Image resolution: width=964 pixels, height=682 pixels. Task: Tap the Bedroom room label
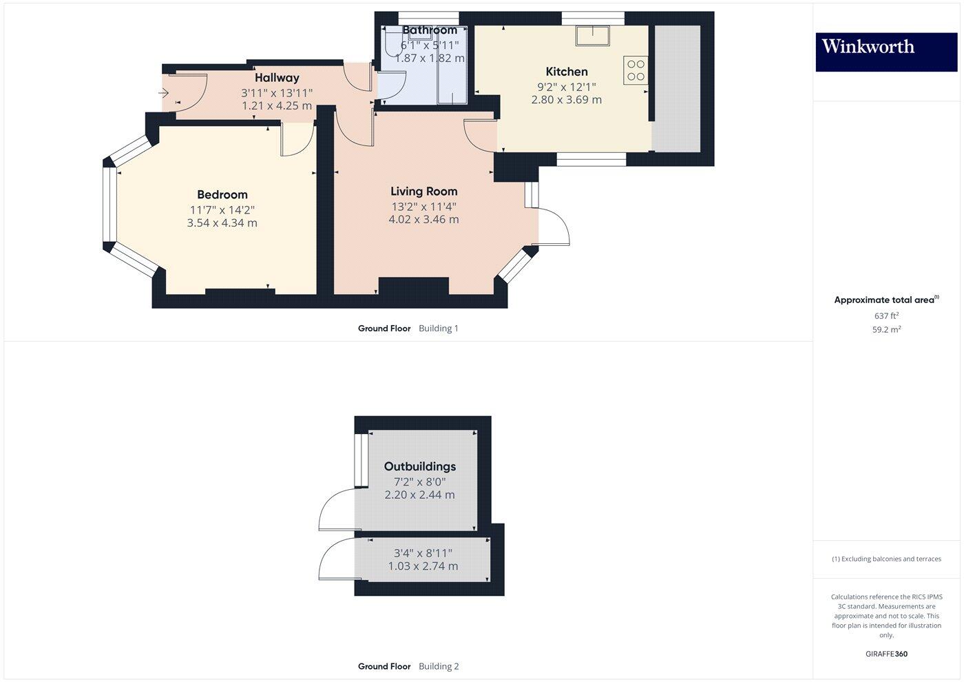coord(222,195)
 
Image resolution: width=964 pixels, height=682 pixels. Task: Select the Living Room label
coord(423,192)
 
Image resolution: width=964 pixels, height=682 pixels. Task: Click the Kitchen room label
coord(566,72)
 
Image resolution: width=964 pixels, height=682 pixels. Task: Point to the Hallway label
coord(277,78)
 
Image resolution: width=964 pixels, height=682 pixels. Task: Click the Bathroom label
coord(430,30)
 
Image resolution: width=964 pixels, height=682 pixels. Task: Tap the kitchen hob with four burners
coord(636,70)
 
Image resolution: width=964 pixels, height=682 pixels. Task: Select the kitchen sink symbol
coord(594,35)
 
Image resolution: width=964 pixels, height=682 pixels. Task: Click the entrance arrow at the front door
coord(165,92)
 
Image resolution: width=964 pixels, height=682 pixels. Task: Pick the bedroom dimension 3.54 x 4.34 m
coord(222,223)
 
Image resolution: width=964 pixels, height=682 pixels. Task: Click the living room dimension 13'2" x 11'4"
coord(423,206)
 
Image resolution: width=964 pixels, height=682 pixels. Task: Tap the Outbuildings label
coord(420,466)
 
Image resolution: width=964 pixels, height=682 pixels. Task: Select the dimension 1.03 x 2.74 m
coord(423,566)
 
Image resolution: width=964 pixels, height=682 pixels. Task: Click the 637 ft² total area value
coord(886,316)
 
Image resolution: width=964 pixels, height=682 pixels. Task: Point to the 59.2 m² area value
coord(886,329)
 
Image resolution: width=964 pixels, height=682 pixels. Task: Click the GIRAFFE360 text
coord(886,654)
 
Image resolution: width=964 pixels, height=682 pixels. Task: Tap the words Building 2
coord(439,666)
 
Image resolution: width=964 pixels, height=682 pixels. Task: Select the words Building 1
coord(439,329)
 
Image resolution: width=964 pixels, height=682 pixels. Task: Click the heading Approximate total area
coord(884,300)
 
